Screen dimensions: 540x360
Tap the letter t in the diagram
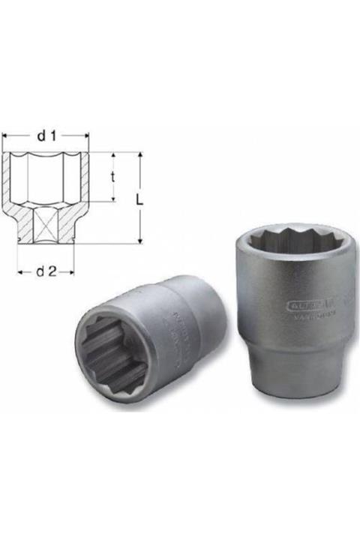coord(113,177)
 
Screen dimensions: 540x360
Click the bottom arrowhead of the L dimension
coord(139,240)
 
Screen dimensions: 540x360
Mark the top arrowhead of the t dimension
coord(113,155)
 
